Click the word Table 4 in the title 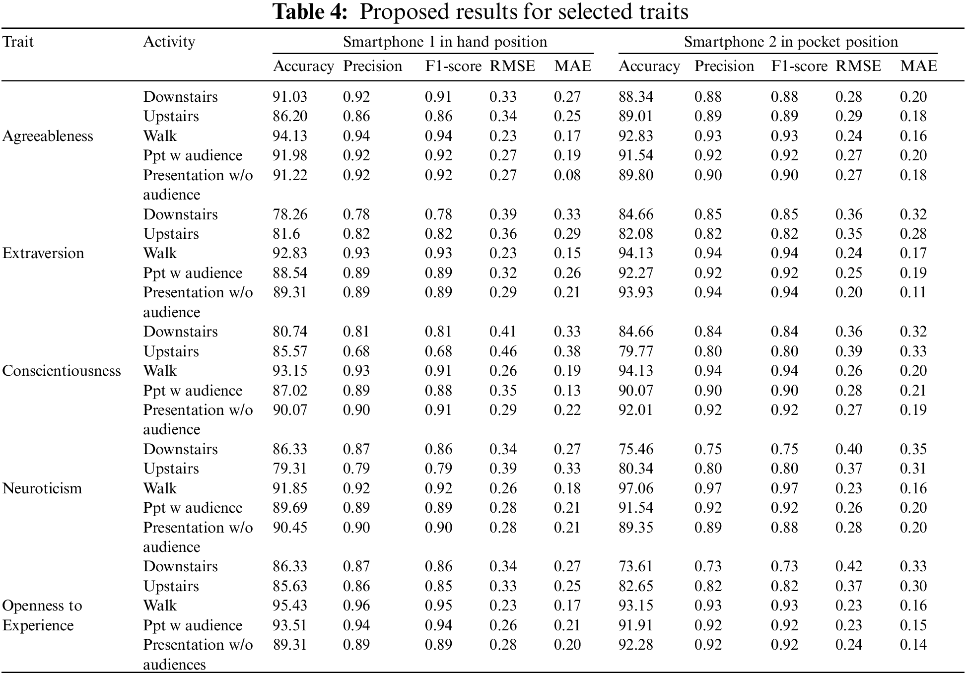click(310, 12)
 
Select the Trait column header click(18, 42)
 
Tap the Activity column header click(169, 42)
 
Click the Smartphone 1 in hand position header click(445, 42)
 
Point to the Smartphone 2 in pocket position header click(791, 42)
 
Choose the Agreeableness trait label click(48, 136)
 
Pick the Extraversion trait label click(43, 253)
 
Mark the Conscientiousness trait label click(62, 371)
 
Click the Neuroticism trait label click(42, 488)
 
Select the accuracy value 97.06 click(636, 488)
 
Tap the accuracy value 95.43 click(290, 606)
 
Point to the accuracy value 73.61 click(636, 566)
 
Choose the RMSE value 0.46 click(503, 351)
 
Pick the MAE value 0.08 click(567, 175)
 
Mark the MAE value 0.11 click(913, 292)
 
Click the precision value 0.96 click(356, 606)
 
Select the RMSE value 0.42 click(849, 566)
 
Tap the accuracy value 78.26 click(290, 214)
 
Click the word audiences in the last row click(174, 665)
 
